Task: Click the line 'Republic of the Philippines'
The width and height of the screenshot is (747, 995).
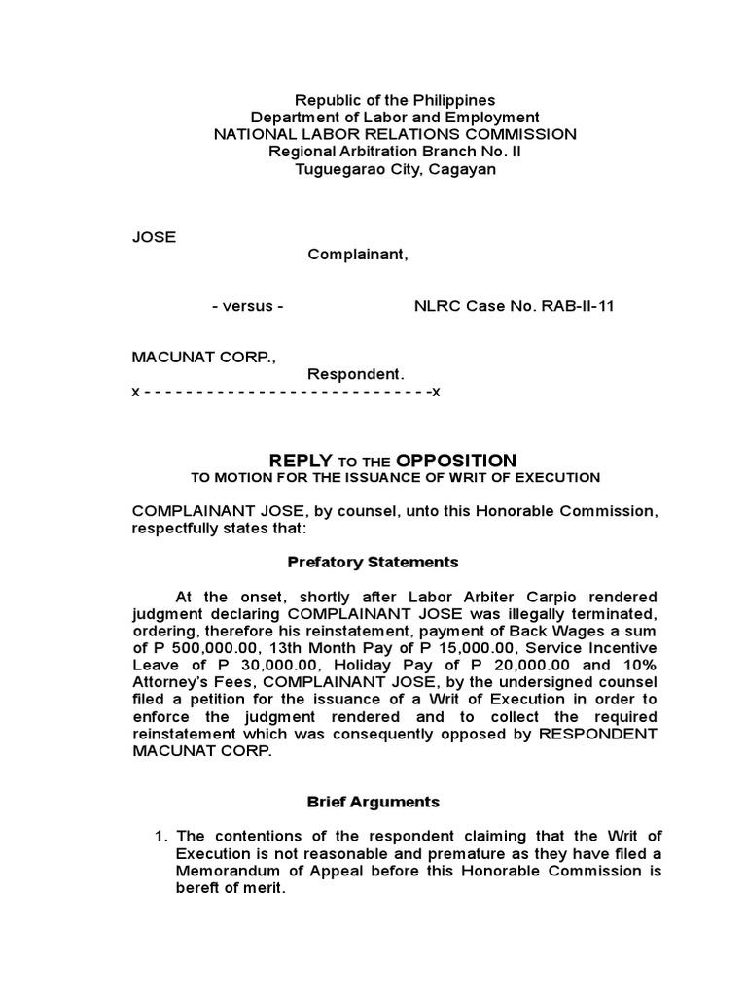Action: click(x=395, y=100)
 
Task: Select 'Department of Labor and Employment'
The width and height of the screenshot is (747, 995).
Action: click(x=395, y=118)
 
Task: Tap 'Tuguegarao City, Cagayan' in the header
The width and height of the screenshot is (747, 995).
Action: click(x=395, y=169)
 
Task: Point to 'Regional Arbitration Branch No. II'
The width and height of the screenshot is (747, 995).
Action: click(x=395, y=152)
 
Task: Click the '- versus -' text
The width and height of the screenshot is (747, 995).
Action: click(x=247, y=306)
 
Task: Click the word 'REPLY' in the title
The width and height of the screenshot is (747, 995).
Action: click(x=301, y=460)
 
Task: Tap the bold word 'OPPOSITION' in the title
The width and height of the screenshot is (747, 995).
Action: click(x=456, y=460)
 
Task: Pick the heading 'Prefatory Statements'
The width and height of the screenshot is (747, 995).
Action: click(x=373, y=562)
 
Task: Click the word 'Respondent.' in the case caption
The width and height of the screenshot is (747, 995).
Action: click(x=355, y=374)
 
